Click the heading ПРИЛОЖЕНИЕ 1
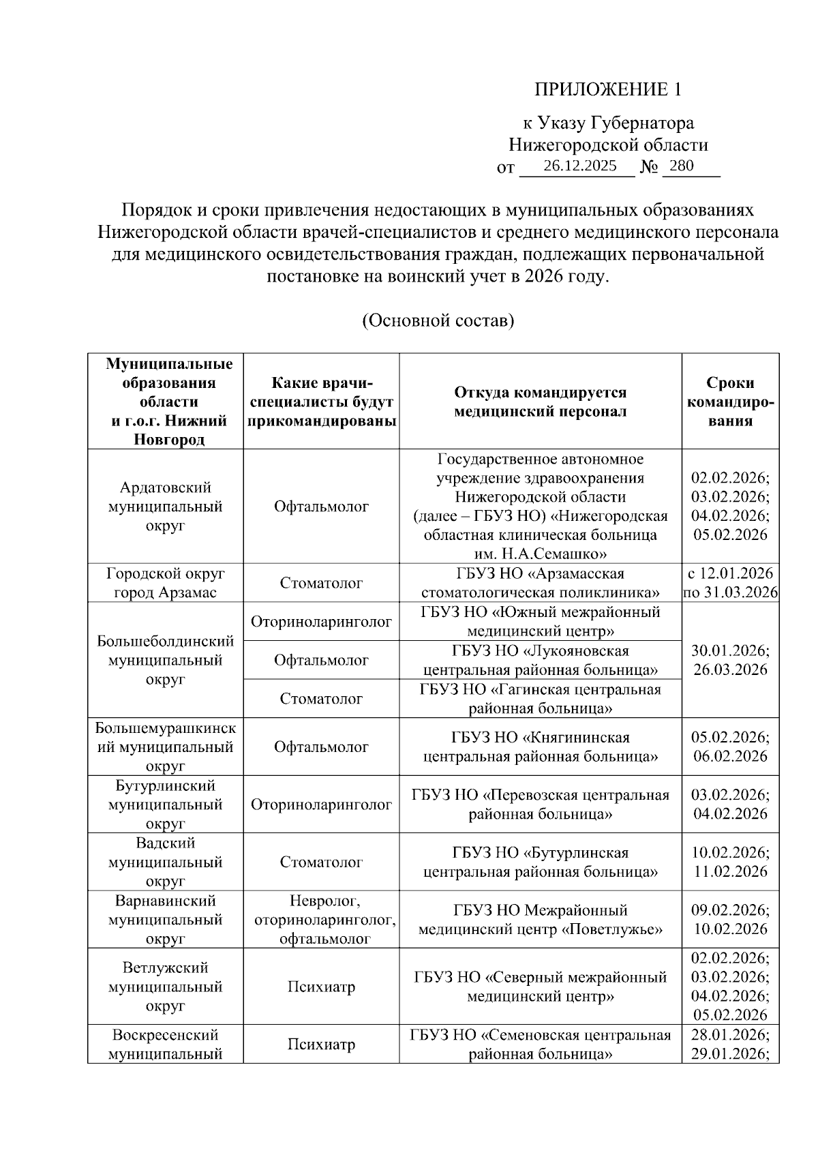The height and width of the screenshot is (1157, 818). [607, 89]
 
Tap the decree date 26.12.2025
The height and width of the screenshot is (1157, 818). [580, 166]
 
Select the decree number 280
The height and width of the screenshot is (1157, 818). [682, 166]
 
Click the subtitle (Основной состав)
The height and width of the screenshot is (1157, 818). [438, 320]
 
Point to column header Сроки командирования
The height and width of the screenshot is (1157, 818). [730, 402]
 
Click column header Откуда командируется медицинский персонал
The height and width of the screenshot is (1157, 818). [540, 402]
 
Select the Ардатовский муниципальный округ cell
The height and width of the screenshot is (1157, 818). [166, 507]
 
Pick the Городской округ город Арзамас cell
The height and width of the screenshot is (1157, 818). [166, 583]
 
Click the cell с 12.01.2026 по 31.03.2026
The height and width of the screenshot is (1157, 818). [730, 583]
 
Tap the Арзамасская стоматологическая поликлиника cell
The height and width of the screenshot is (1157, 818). [540, 583]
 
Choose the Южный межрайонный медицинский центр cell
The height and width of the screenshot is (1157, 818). [540, 621]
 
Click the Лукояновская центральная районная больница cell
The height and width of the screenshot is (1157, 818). [540, 660]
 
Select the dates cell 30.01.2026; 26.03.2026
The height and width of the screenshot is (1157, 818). [730, 660]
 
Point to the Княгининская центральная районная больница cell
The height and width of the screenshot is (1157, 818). [540, 747]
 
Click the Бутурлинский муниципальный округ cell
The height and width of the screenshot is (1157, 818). [166, 805]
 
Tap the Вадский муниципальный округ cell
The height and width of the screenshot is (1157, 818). [166, 862]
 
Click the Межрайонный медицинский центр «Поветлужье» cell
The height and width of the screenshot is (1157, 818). [540, 920]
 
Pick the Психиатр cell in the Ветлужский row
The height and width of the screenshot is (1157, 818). [321, 987]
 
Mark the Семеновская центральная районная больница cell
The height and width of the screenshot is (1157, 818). [540, 1045]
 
